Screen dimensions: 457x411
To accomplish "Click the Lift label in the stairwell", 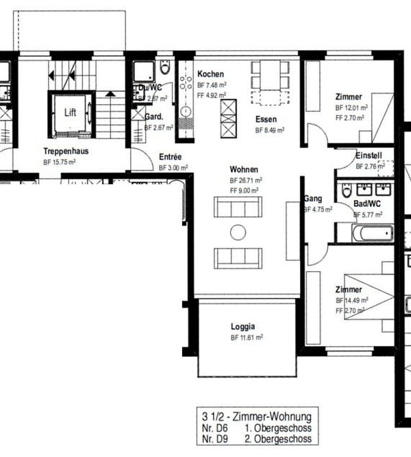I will pyautogui.click(x=71, y=114).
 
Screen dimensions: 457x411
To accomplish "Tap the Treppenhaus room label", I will pyautogui.click(x=66, y=151).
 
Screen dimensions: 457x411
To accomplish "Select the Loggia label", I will pyautogui.click(x=242, y=327).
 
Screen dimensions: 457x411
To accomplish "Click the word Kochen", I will pyautogui.click(x=211, y=74).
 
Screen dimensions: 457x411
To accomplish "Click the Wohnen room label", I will pyautogui.click(x=243, y=169).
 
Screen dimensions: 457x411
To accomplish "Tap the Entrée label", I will pyautogui.click(x=171, y=156).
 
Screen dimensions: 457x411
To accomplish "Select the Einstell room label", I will pyautogui.click(x=369, y=156).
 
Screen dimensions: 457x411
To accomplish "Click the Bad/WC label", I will pyautogui.click(x=366, y=204).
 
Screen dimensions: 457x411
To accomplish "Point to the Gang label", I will pyautogui.click(x=312, y=199).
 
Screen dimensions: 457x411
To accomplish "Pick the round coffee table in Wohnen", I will pyautogui.click(x=238, y=232).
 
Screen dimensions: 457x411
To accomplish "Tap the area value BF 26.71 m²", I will pyautogui.click(x=247, y=180).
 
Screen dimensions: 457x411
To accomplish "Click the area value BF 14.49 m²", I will pyautogui.click(x=351, y=300).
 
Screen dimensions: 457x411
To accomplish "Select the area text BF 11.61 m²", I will pyautogui.click(x=247, y=338).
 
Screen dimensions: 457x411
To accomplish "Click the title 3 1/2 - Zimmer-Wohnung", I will pyautogui.click(x=257, y=416).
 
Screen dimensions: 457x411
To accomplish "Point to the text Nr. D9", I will pyautogui.click(x=212, y=439).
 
